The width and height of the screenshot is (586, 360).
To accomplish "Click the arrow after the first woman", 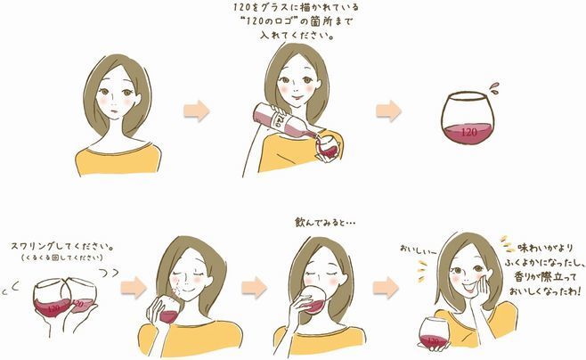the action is (197, 110).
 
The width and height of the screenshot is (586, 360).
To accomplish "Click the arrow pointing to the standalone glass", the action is (388, 110).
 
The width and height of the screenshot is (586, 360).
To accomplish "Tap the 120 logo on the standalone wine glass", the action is (469, 132).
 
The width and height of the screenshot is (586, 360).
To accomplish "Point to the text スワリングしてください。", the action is (62, 247).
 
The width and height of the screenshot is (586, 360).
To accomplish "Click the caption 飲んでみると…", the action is (325, 223).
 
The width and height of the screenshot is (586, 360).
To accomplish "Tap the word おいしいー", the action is (419, 249).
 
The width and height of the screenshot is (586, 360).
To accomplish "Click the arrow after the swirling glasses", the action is (134, 288).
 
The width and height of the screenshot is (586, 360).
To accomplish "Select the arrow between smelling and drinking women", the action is (254, 288).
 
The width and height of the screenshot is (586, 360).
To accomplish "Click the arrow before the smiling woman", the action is (386, 288).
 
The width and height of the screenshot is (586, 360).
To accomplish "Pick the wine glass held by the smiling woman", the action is (434, 332).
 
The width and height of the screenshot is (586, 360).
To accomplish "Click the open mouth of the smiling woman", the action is (468, 288).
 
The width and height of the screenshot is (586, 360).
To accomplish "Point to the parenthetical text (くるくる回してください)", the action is (62, 258).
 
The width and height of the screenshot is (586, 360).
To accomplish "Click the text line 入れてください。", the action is (297, 37).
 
